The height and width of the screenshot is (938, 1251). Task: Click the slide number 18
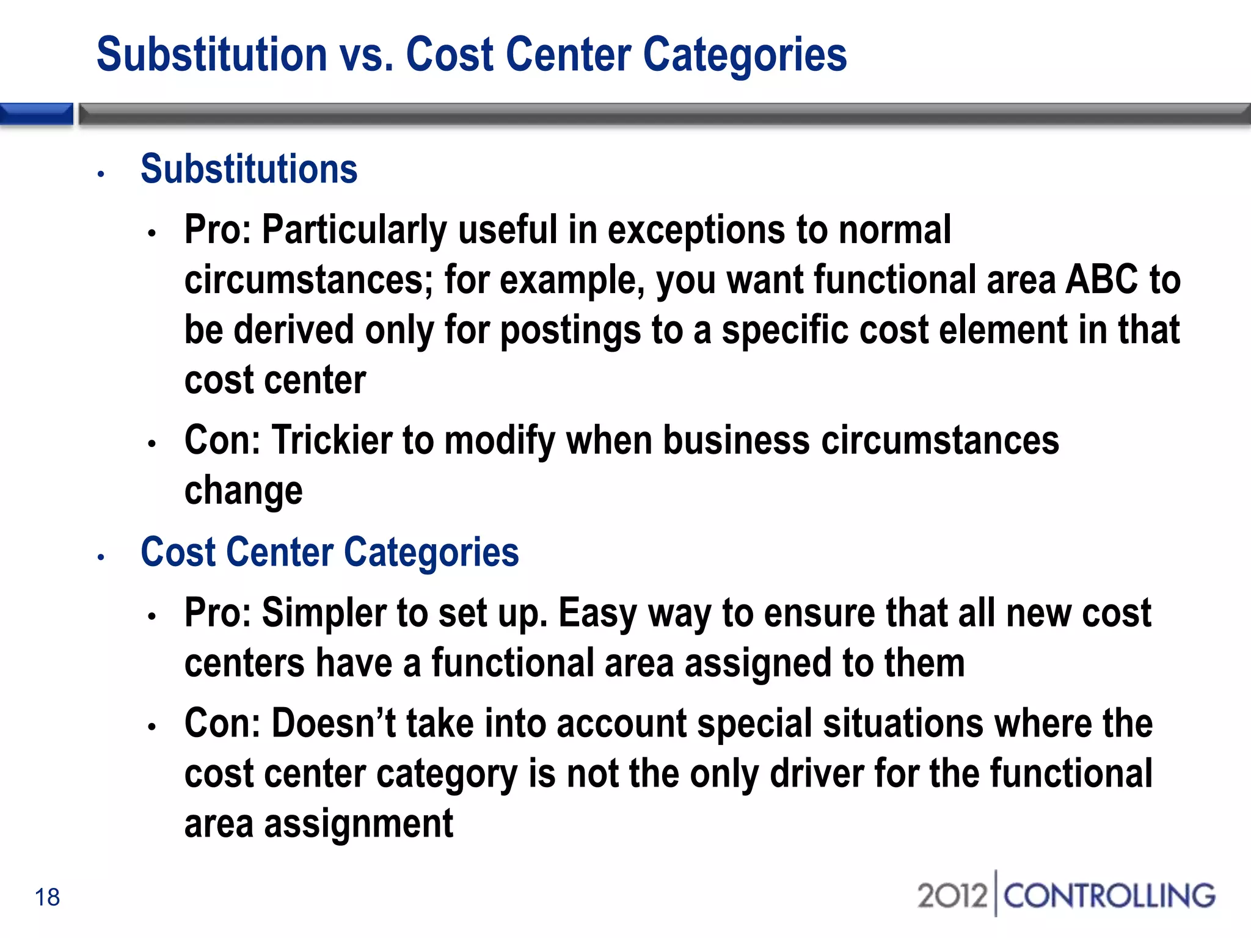(47, 897)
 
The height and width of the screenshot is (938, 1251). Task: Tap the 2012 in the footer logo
(952, 896)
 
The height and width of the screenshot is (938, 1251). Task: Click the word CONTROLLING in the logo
(1109, 896)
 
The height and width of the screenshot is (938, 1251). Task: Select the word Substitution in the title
(212, 55)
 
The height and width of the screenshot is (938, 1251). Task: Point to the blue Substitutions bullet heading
(249, 169)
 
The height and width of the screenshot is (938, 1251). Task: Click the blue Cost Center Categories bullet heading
(329, 552)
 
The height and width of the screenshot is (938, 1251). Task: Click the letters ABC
(1101, 280)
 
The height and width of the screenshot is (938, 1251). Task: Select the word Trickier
(332, 440)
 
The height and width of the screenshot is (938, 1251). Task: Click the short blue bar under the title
(37, 114)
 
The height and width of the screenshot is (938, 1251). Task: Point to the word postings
(571, 330)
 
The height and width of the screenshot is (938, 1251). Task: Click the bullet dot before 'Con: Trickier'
(152, 443)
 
